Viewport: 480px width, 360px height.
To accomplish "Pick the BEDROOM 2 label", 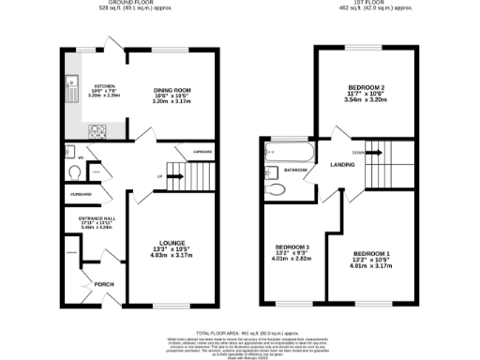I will pos(367,88).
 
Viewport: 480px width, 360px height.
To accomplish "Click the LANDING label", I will pos(341,166).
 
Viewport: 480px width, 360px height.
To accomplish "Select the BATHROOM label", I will pos(296,170).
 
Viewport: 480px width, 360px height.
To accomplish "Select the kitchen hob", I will pos(97,131).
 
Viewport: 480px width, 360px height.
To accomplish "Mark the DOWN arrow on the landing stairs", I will pos(372,152).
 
